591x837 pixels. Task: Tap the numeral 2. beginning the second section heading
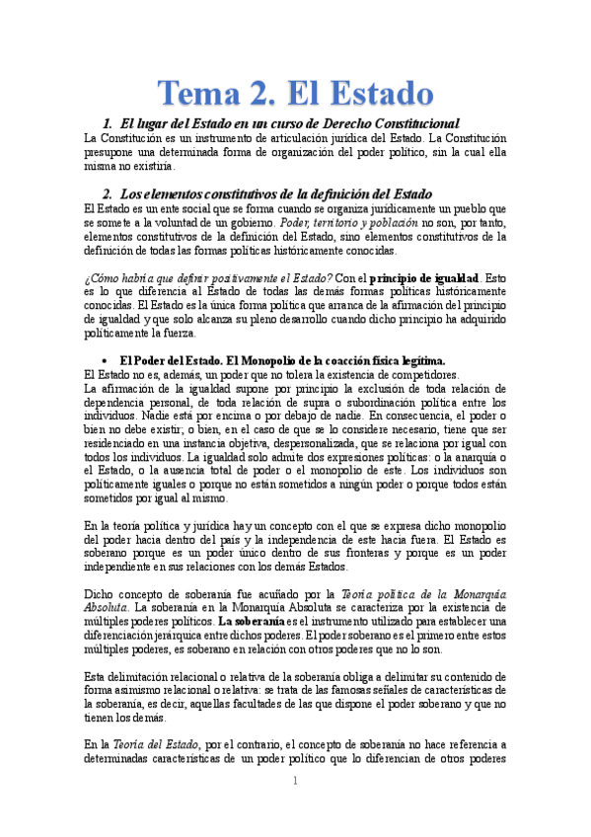click(110, 193)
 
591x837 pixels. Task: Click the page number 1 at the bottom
click(295, 782)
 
